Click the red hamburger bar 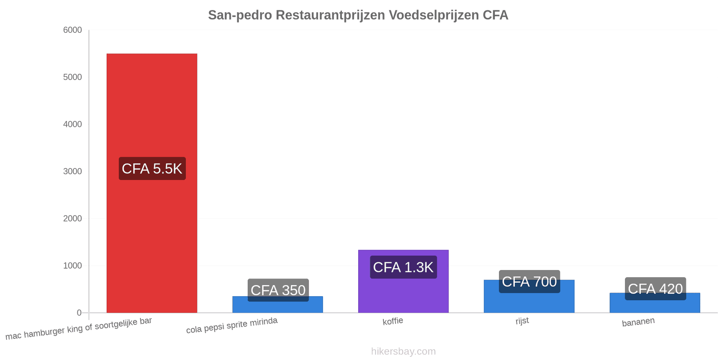pos(152,183)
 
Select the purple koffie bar pos(403,281)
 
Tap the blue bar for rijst pos(529,296)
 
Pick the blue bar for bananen pos(655,303)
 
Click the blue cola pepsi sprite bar pos(278,304)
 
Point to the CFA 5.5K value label pos(152,168)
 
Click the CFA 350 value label pos(278,290)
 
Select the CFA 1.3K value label pos(403,267)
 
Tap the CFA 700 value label pos(529,282)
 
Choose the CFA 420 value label pos(655,288)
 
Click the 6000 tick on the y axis pos(72,30)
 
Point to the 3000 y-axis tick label pos(72,171)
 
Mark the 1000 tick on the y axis pos(72,265)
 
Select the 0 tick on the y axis pos(79,313)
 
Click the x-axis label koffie pos(393,321)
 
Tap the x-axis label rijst pos(522,321)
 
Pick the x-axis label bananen pos(638,322)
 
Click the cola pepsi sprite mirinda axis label pos(232,325)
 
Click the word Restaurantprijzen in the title pos(330,15)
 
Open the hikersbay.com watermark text pos(403,351)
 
